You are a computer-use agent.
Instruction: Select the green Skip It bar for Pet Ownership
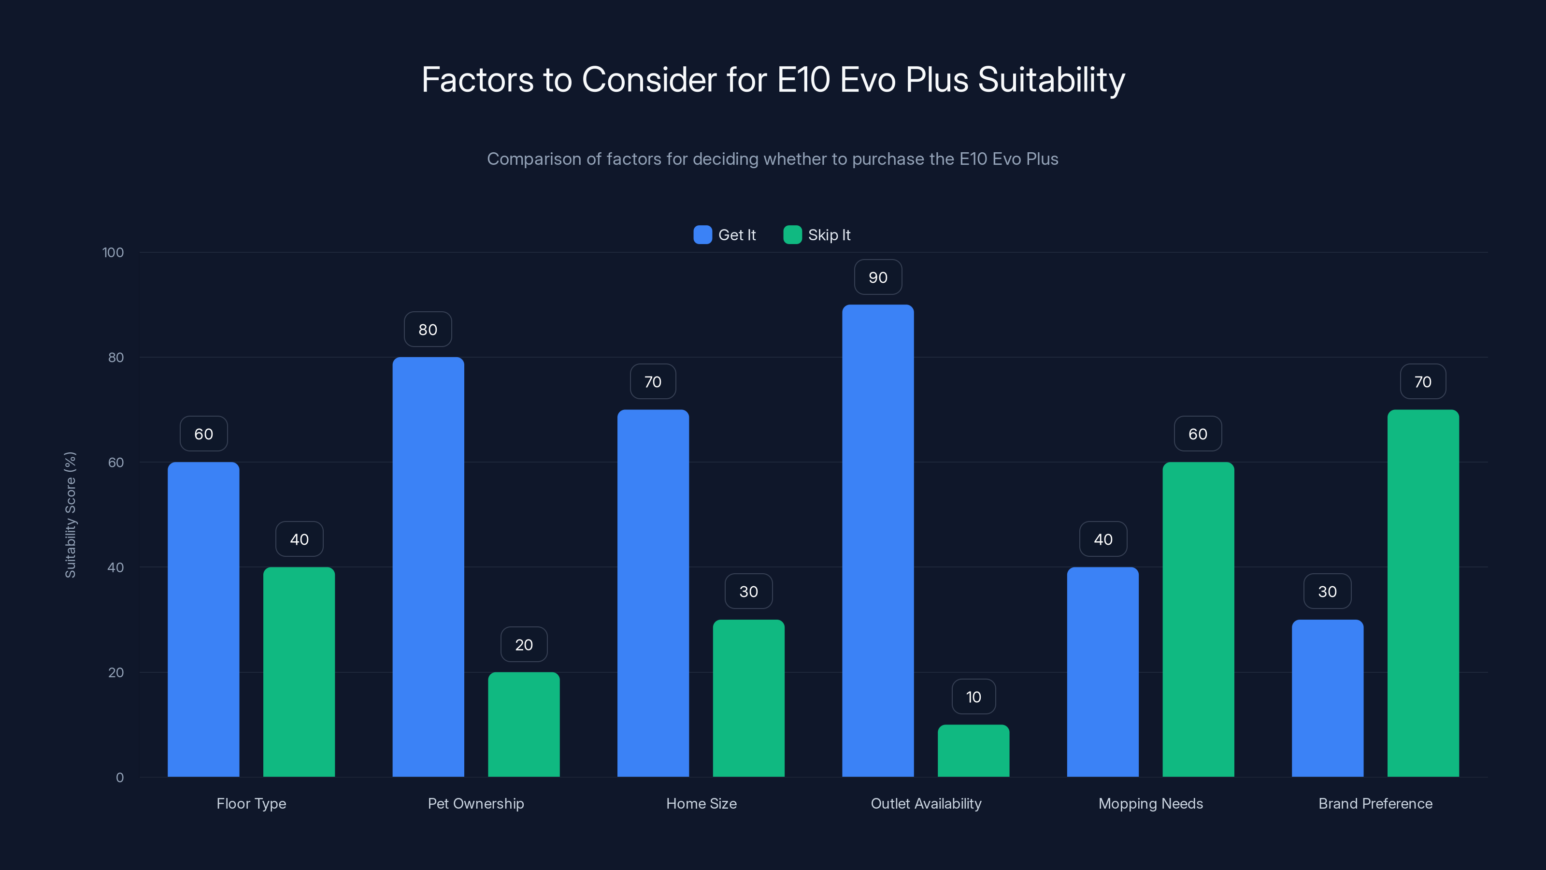point(523,724)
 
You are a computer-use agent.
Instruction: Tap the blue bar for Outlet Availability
point(877,540)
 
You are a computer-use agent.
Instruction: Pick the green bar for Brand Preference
point(1422,593)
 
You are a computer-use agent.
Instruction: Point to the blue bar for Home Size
point(653,593)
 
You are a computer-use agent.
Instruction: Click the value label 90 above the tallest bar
point(877,277)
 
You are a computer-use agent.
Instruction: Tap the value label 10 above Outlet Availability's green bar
point(973,697)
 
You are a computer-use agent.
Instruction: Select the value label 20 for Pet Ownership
point(523,645)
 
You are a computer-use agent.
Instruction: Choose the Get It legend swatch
point(702,235)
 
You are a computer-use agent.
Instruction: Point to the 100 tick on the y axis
point(113,252)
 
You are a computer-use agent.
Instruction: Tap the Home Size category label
point(701,803)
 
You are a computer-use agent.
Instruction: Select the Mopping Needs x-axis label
point(1150,803)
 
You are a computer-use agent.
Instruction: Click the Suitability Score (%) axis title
point(70,515)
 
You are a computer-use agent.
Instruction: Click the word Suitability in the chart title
point(1051,80)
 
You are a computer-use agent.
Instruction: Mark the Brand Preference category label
point(1374,803)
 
